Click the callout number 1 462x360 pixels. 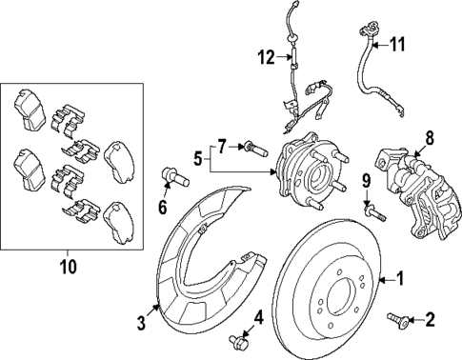pos(400,280)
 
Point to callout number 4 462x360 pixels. pos(257,316)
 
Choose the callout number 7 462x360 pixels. pos(222,146)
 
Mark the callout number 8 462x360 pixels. pos(429,137)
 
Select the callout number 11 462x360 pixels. pos(398,43)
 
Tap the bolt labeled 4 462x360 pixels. pos(238,341)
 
